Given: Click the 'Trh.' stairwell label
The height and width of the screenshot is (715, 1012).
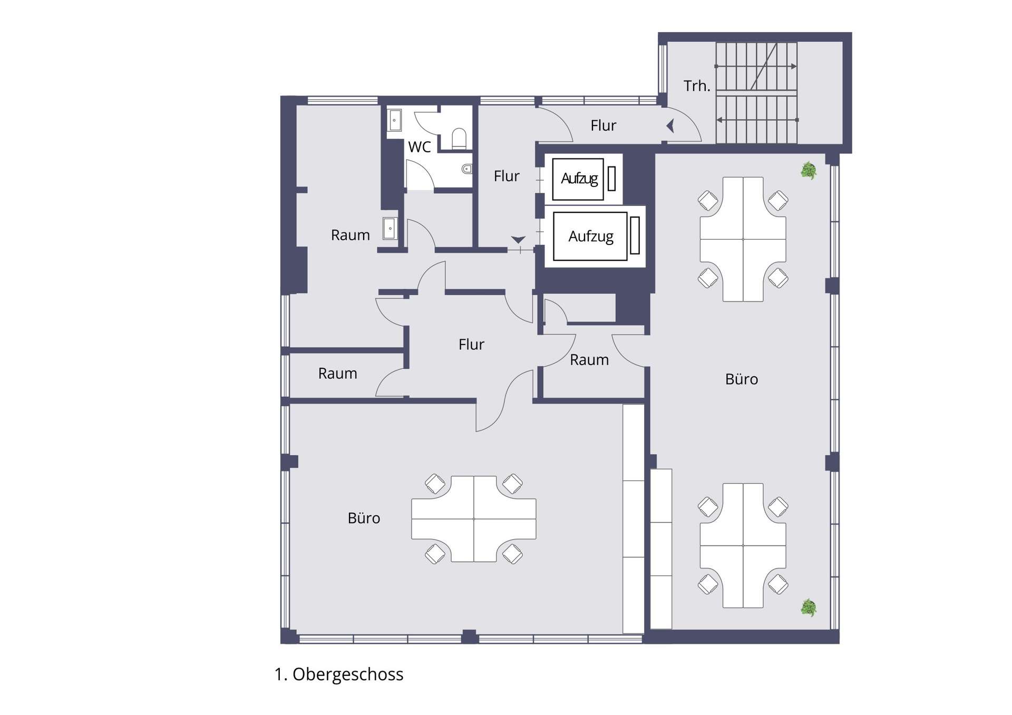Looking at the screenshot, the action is pyautogui.click(x=697, y=86).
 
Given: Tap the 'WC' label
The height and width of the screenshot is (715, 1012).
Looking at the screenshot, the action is pyautogui.click(x=420, y=147).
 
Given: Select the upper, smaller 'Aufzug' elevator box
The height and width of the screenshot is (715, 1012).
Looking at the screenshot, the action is pyautogui.click(x=578, y=179).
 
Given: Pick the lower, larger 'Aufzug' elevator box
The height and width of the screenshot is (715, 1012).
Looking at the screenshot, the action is pyautogui.click(x=590, y=237).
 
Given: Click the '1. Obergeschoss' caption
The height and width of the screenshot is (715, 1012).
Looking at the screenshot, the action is pyautogui.click(x=339, y=674).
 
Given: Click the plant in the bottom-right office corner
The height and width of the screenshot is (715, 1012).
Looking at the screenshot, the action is pyautogui.click(x=809, y=608).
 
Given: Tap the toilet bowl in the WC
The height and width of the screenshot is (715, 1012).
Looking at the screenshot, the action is pyautogui.click(x=459, y=138).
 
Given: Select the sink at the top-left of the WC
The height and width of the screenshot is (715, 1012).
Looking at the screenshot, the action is pyautogui.click(x=395, y=120).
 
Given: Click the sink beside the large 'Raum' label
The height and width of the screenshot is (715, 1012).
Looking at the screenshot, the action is pyautogui.click(x=390, y=229).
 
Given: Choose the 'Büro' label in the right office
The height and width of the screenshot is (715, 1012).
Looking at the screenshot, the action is pyautogui.click(x=742, y=379).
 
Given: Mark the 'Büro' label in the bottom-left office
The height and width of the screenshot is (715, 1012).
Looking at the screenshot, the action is pyautogui.click(x=364, y=518).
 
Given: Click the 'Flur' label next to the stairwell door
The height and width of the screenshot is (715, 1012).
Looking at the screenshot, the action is pyautogui.click(x=604, y=125).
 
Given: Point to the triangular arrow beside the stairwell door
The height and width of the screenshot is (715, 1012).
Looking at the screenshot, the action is pyautogui.click(x=670, y=126).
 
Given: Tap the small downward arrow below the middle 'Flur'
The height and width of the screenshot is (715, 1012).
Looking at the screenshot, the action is pyautogui.click(x=518, y=240).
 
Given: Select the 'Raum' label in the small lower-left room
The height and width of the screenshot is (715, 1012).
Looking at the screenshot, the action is pyautogui.click(x=338, y=374).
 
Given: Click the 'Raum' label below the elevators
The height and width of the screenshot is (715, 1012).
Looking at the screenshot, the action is pyautogui.click(x=589, y=360).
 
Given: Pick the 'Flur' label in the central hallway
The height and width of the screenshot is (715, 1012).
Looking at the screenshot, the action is pyautogui.click(x=471, y=345).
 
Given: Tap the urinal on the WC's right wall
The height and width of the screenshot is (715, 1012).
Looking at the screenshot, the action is pyautogui.click(x=467, y=169).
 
